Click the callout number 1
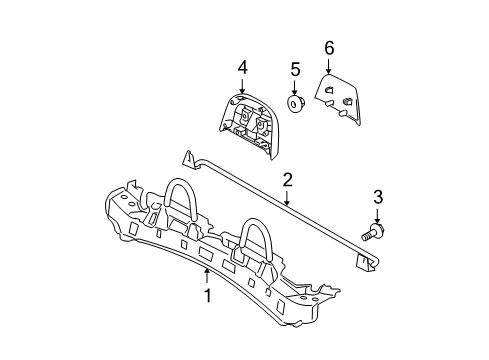tap(208, 296)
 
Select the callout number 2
tap(287, 180)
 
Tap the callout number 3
tap(378, 197)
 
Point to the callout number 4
tap(243, 68)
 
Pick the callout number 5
tap(295, 69)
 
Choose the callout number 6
tap(329, 48)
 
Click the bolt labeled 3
tap(373, 233)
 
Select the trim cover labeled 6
tap(338, 99)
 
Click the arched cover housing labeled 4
tap(249, 126)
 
